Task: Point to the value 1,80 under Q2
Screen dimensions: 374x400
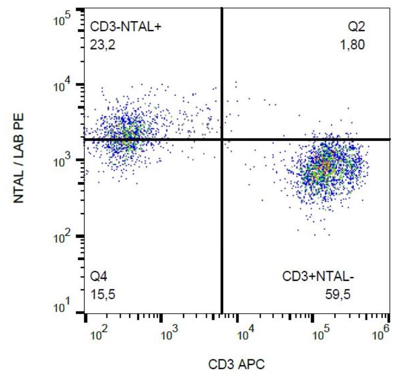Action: pyautogui.click(x=354, y=45)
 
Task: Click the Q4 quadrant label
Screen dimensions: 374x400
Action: pyautogui.click(x=97, y=278)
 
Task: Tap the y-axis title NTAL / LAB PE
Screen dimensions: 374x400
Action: pyautogui.click(x=19, y=161)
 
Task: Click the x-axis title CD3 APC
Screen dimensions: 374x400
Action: pyautogui.click(x=237, y=364)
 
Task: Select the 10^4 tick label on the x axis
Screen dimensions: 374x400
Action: pyautogui.click(x=247, y=335)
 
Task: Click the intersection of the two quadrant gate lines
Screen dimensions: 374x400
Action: pyautogui.click(x=221, y=139)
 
